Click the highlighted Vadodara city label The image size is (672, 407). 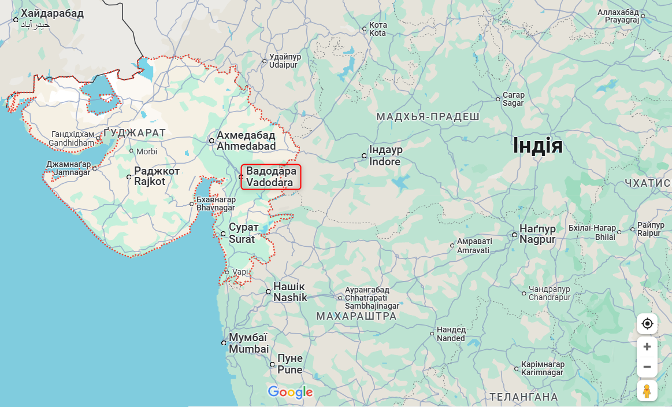point(271,176)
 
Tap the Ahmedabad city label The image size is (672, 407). point(246,140)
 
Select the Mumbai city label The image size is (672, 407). point(248,343)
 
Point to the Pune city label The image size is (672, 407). point(289,364)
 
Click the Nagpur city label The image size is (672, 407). point(537,234)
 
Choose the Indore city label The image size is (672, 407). point(385,156)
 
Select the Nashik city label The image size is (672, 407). point(289,292)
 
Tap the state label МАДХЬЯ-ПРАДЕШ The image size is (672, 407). point(428,117)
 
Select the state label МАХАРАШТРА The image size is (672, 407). point(357,316)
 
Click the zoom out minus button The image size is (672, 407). point(647,367)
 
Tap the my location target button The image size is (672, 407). point(647,324)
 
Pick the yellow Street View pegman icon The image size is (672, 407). point(647,391)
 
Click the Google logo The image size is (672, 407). point(290,392)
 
